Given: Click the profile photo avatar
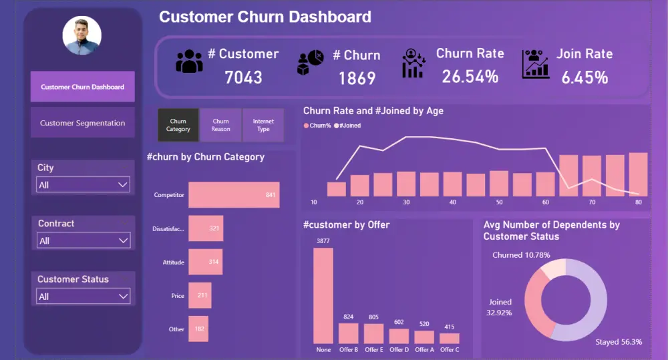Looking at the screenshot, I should (82, 36).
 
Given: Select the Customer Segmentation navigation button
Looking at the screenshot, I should (82, 123).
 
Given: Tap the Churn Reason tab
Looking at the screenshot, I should (220, 126).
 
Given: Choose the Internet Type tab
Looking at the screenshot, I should (263, 126).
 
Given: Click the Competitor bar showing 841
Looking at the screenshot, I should (234, 195).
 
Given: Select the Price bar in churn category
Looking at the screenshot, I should (200, 295).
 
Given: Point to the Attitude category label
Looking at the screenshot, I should (173, 262).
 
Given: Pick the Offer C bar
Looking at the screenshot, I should (450, 338).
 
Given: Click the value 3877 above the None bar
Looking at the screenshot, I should (323, 240).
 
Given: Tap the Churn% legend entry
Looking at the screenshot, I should (319, 126).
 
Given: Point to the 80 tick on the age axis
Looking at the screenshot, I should (639, 202).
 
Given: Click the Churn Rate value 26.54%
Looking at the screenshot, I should (470, 77).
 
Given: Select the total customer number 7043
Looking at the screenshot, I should (243, 77).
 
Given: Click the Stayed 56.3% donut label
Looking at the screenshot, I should (619, 342).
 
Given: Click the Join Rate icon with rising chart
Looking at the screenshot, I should (535, 63).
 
